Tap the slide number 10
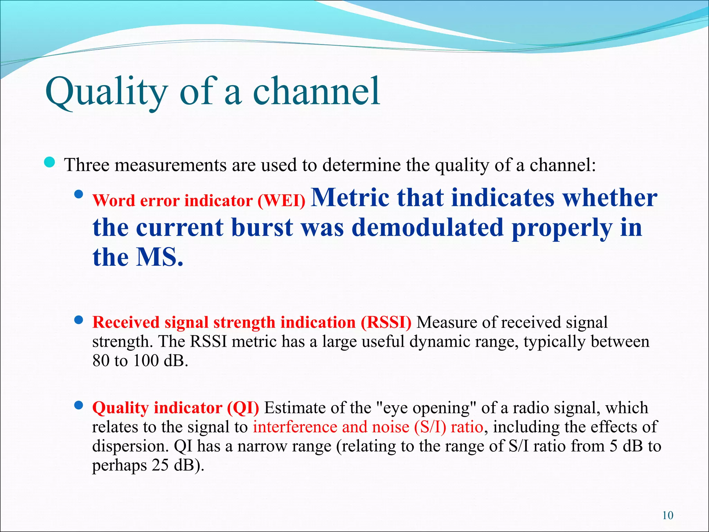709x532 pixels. [x=667, y=515]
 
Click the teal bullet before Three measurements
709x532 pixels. [x=50, y=162]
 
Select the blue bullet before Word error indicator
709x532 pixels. [x=79, y=194]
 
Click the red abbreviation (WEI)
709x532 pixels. [x=281, y=201]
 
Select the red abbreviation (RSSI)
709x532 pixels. [x=386, y=322]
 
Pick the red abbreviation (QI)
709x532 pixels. [x=243, y=408]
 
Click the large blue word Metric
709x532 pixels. [x=350, y=197]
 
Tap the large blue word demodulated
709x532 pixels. [x=428, y=228]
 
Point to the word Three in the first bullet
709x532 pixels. [x=87, y=165]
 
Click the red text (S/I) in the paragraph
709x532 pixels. [x=430, y=427]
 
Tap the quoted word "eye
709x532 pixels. [x=392, y=408]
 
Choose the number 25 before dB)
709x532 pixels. [x=160, y=465]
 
